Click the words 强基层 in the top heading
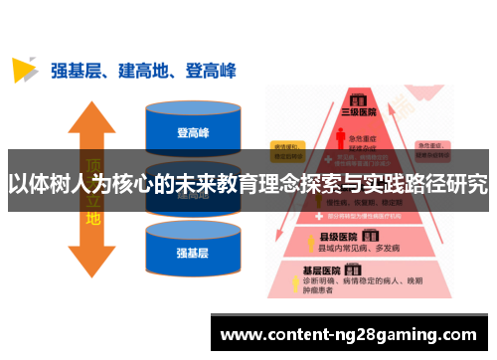point(76,70)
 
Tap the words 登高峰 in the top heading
point(210,70)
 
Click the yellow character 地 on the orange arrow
point(92,216)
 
